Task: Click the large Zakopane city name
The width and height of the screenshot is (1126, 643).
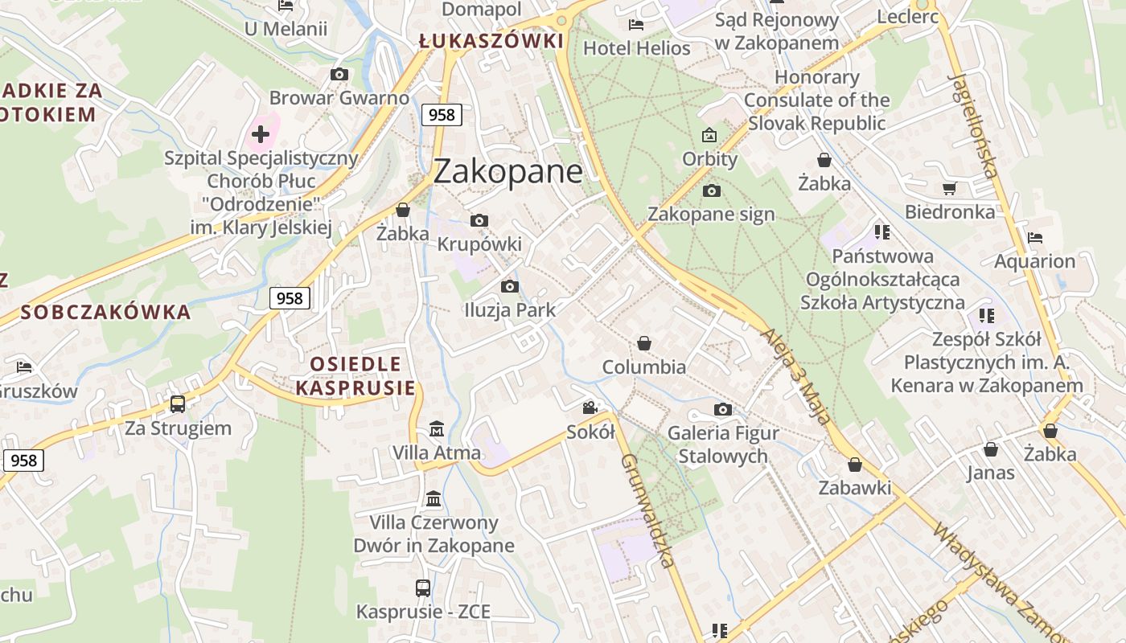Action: tap(508, 172)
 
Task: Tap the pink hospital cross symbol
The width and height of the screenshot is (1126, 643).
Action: tap(260, 134)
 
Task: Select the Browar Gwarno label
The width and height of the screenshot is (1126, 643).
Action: tap(339, 98)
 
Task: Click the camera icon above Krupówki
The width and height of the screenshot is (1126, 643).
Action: tap(479, 220)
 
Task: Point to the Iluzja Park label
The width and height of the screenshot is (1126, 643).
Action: tap(510, 309)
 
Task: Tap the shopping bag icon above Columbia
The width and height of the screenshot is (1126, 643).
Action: tap(643, 343)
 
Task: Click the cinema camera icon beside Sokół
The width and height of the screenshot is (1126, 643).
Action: tap(590, 408)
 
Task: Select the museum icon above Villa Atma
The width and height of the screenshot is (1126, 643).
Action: tap(437, 428)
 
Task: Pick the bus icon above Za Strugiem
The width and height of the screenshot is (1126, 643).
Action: tap(178, 403)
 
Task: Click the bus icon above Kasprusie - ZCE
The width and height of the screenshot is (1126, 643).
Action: tap(423, 588)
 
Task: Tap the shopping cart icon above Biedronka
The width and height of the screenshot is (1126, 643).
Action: tap(950, 188)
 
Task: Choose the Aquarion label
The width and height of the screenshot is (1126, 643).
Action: tap(1034, 261)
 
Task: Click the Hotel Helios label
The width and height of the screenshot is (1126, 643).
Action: tap(636, 48)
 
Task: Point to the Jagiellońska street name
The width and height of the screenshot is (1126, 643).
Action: tap(973, 125)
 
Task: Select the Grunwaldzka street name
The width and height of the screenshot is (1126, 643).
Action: tap(647, 511)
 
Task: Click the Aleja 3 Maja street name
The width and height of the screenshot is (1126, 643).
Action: tap(795, 375)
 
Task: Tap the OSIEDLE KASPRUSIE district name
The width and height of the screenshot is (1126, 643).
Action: tap(355, 376)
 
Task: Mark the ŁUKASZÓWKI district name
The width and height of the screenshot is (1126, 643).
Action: tap(491, 41)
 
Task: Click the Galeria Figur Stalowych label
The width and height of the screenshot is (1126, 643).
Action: tap(723, 444)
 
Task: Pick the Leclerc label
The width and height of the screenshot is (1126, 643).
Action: tap(907, 16)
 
